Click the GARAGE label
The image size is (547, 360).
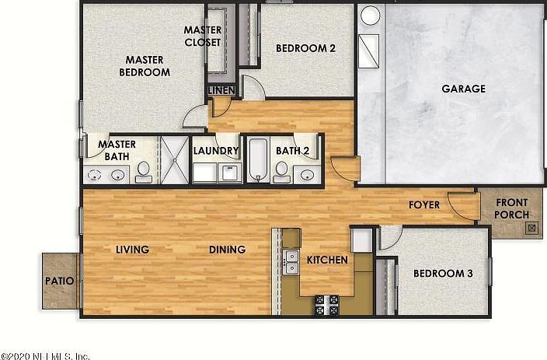pos(463,89)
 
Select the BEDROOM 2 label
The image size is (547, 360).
pos(305,48)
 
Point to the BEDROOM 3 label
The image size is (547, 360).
pos(442,274)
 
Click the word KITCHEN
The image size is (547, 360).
pos(327,260)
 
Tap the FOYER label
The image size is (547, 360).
pos(424,205)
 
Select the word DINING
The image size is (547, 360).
pos(227,250)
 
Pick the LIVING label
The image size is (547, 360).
pos(132,250)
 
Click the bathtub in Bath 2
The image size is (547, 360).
pos(258,160)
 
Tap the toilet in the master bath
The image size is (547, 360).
pos(144,171)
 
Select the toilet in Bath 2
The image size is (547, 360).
pos(282,170)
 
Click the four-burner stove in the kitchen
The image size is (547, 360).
pos(326,304)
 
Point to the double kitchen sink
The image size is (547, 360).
pos(292,261)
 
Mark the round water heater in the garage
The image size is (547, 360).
pos(370,16)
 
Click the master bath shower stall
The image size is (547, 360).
pos(174,159)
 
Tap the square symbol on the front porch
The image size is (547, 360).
pos(531,229)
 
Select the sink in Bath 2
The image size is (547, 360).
pos(309,174)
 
